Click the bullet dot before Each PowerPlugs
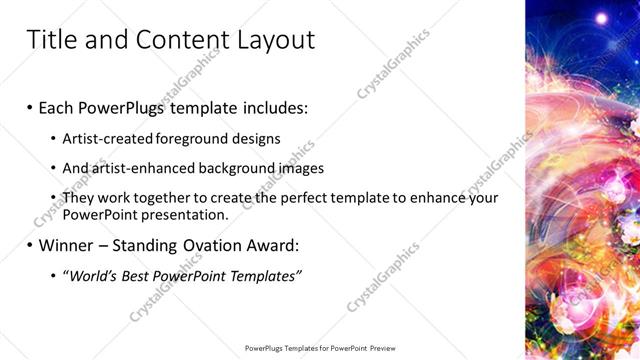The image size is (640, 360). [x=30, y=106]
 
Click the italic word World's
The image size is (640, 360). [x=91, y=276]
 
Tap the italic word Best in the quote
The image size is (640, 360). [x=136, y=276]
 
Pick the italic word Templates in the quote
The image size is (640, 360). [x=263, y=276]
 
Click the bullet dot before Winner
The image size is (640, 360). [x=30, y=245]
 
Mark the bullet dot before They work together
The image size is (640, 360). [x=53, y=198]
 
